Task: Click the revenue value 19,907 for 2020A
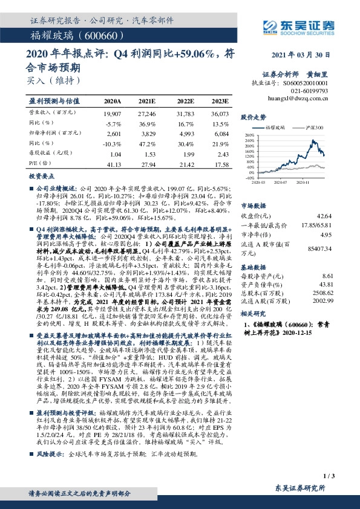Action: (113, 114)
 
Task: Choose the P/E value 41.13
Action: (113, 163)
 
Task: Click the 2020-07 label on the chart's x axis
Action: (280, 181)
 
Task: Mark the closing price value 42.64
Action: (324, 216)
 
